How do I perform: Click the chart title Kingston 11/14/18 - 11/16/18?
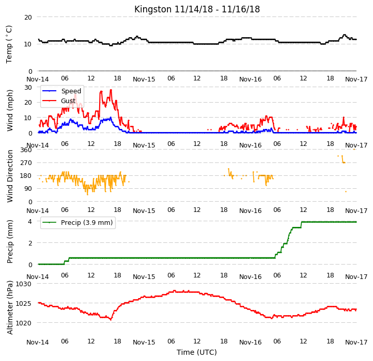click(x=197, y=9)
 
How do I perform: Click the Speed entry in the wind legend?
click(x=71, y=91)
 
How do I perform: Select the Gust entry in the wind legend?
click(x=68, y=101)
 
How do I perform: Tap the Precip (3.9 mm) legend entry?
click(x=87, y=223)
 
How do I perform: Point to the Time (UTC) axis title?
click(x=197, y=352)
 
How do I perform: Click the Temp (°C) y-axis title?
click(x=9, y=44)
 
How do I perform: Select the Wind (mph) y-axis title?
click(x=9, y=110)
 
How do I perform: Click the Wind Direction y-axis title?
click(x=9, y=176)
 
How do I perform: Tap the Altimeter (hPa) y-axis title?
click(x=9, y=307)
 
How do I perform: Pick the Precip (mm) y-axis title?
click(x=9, y=241)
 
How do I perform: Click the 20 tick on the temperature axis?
click(x=28, y=18)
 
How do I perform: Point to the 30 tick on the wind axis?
click(x=28, y=87)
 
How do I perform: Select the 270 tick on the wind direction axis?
click(x=26, y=163)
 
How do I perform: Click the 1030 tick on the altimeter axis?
click(x=24, y=284)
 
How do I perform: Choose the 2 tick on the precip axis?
click(x=30, y=243)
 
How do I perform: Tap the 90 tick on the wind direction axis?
click(x=28, y=189)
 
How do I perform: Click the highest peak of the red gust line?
click(x=111, y=90)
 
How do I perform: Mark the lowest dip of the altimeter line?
click(x=111, y=320)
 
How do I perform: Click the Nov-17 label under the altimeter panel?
click(x=356, y=342)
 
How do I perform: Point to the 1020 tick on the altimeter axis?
click(x=24, y=323)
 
